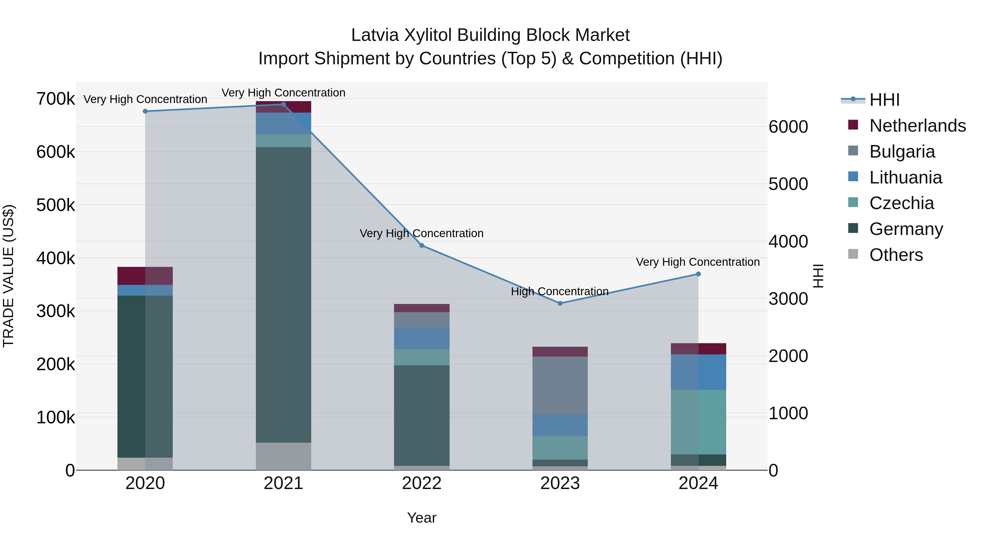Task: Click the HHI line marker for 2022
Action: (x=422, y=246)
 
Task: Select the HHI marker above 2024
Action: (x=698, y=274)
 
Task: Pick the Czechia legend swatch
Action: (x=853, y=202)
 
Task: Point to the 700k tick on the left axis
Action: (x=56, y=99)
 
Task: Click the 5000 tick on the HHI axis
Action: (x=788, y=184)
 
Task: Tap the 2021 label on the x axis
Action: (x=283, y=483)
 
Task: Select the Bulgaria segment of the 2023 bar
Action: (x=560, y=385)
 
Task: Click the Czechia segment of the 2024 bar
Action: (x=698, y=422)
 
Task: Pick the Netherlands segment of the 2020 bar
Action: (x=145, y=276)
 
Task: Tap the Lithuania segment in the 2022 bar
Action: (x=422, y=339)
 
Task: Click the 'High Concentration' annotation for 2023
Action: (x=559, y=291)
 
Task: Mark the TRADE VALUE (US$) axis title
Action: (x=8, y=276)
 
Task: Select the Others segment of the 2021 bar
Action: (x=283, y=456)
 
